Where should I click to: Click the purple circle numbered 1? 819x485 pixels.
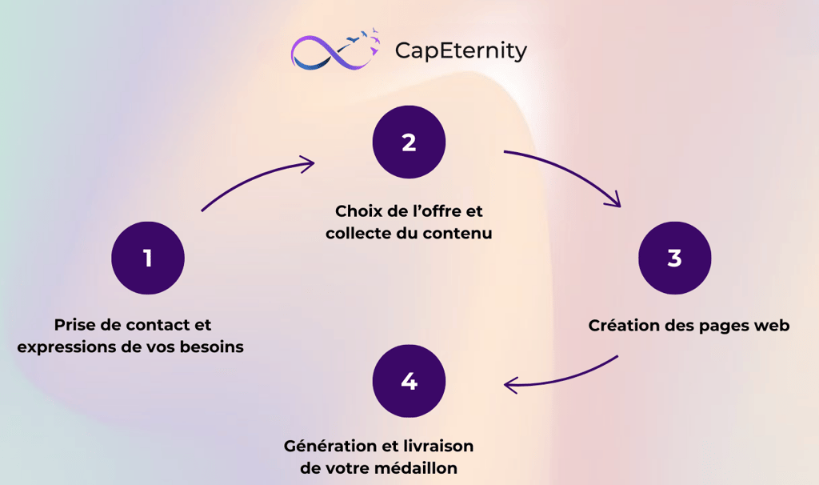click(148, 259)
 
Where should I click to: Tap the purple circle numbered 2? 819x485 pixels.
click(409, 142)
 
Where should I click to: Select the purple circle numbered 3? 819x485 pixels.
click(674, 259)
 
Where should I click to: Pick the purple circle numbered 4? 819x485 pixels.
click(409, 381)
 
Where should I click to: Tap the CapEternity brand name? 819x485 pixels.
click(461, 50)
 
